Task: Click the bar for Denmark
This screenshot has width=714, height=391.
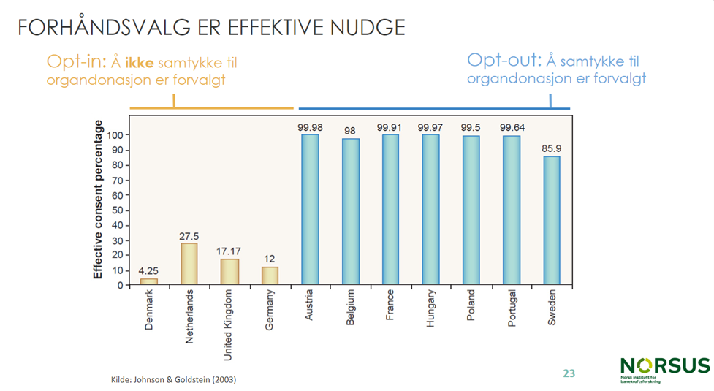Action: coord(149,281)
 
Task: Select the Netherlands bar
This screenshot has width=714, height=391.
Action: coord(189,264)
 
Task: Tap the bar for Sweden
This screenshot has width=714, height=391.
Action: coord(551,220)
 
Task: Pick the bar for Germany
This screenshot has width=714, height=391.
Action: coord(270,276)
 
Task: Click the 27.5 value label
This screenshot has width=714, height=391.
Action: coord(189,236)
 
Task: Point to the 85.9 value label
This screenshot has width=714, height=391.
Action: coord(551,149)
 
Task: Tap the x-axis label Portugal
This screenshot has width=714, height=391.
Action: coord(512,311)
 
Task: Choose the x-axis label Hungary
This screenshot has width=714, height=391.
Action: coord(431,309)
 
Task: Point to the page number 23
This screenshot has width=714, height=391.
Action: coord(569,373)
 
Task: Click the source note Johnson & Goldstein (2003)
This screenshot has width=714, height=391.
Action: coord(173,380)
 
